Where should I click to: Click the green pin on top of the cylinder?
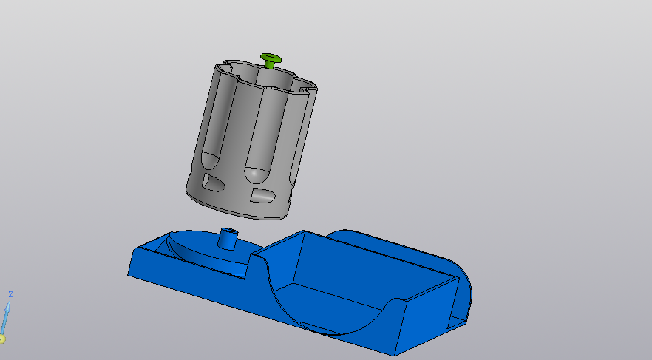pos(271,59)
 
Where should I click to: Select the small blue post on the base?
pos(228,239)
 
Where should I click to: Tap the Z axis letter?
pos(10,294)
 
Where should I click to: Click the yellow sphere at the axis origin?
pos(1,339)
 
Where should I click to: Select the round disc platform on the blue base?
pos(200,248)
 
